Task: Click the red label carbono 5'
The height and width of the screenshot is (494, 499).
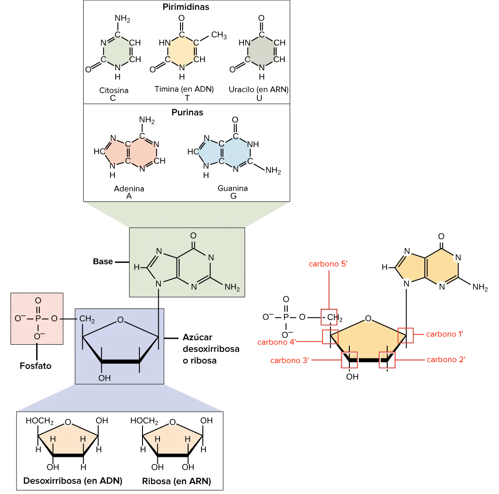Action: pos(328,264)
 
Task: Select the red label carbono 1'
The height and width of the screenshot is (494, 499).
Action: pos(444,334)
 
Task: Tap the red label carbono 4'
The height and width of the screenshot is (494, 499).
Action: pos(277,342)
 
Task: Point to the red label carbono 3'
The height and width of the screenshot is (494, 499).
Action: pos(290,360)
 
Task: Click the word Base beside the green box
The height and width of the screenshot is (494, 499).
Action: pos(104,262)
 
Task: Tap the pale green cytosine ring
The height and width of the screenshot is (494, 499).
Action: pos(117,51)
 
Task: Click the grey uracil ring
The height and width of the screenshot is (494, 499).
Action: pos(261,51)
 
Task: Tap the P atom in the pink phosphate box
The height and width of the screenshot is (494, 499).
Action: pos(38,318)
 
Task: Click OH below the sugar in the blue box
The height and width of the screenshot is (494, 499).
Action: pos(104,378)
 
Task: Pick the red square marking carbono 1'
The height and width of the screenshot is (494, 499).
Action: pos(406,335)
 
